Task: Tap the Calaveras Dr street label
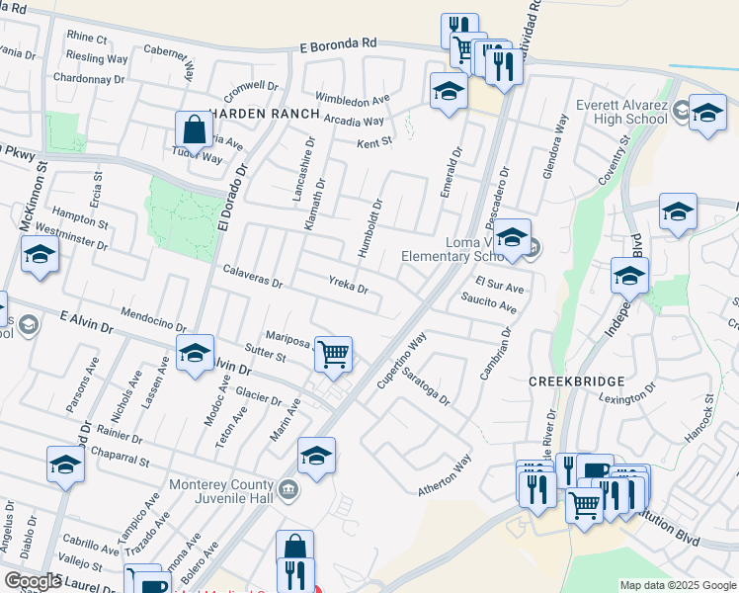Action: (x=253, y=276)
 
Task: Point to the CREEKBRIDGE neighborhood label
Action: (x=577, y=381)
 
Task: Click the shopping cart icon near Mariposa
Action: (x=334, y=353)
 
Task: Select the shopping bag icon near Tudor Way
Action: (x=194, y=128)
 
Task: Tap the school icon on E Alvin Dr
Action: (x=195, y=352)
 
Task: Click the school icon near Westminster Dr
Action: (x=40, y=255)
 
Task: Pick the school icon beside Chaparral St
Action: (x=65, y=465)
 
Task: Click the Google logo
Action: (x=33, y=580)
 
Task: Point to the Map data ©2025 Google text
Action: (x=677, y=585)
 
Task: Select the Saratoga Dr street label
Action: (x=426, y=389)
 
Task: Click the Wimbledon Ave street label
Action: (x=353, y=100)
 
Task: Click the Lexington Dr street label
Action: (x=626, y=393)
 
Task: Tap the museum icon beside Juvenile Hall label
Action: (x=288, y=487)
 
